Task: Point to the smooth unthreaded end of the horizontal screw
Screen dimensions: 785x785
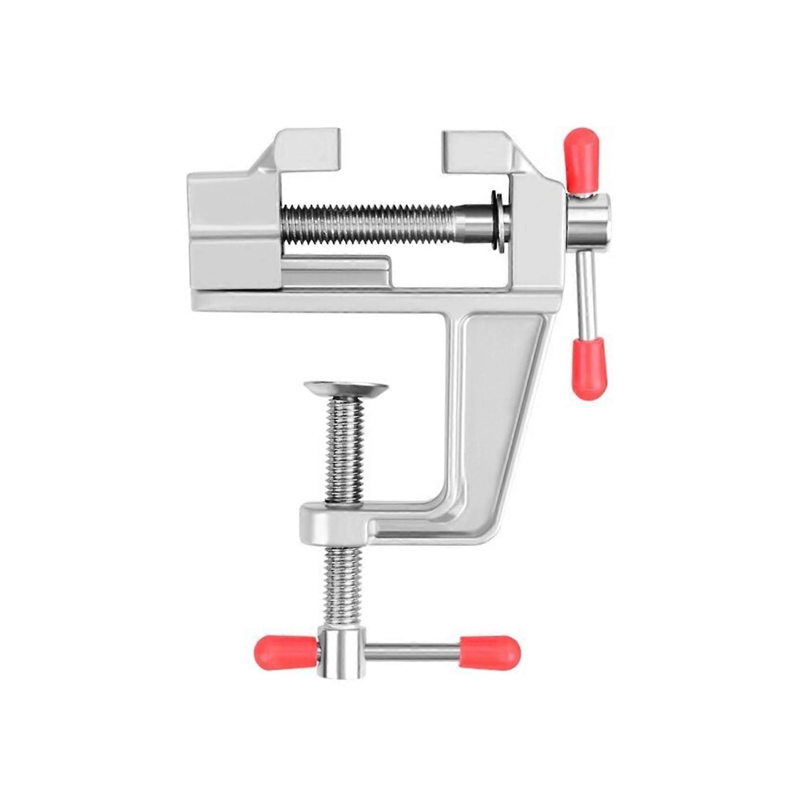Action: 473,218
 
